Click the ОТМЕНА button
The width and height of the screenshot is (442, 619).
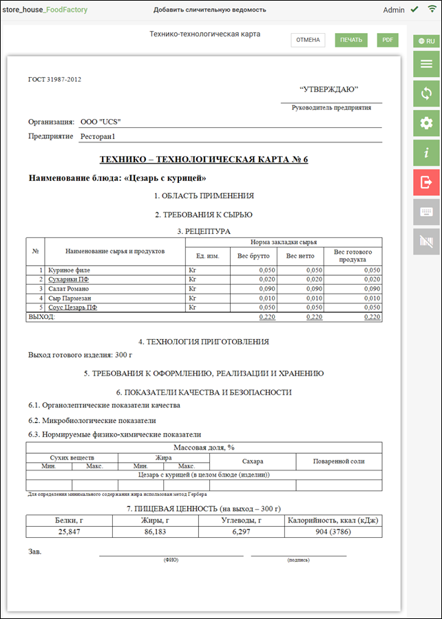tap(308, 40)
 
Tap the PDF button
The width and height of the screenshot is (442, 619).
tap(388, 40)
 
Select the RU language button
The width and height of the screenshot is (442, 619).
tap(426, 41)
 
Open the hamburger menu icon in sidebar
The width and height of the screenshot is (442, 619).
tap(426, 64)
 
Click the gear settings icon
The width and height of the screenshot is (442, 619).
tap(426, 123)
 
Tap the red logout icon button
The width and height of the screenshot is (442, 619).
tap(426, 182)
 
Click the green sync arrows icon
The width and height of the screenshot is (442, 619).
tap(426, 94)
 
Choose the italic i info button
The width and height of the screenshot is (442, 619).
tap(426, 153)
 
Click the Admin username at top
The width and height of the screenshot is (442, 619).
tap(394, 10)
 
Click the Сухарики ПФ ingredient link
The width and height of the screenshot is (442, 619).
tap(68, 280)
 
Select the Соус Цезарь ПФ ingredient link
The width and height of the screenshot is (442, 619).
tap(72, 307)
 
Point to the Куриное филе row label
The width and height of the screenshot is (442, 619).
tap(68, 271)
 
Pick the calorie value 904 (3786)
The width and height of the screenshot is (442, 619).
tap(332, 531)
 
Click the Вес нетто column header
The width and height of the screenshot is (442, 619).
tap(301, 256)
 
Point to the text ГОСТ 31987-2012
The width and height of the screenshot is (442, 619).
tap(55, 79)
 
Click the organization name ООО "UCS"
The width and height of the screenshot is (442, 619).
tap(101, 122)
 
